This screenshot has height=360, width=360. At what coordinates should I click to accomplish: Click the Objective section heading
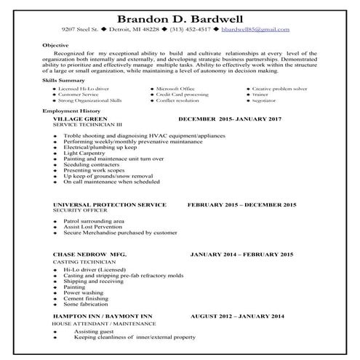tap(55, 44)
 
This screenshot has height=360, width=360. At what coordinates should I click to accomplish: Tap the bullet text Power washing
tap(81, 292)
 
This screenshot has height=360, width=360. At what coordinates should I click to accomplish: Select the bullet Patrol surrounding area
tap(93, 220)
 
